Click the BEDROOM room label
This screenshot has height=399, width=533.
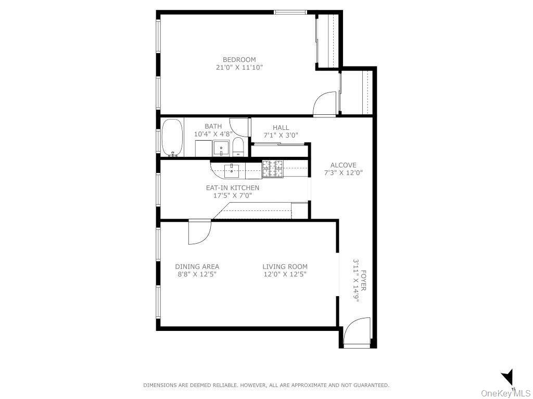(x=239, y=60)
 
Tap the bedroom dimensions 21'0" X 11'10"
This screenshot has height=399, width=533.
(x=239, y=68)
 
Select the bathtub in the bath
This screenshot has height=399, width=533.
(x=172, y=138)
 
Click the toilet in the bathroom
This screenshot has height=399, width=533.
(x=238, y=147)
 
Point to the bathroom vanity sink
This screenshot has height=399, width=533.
(x=222, y=149)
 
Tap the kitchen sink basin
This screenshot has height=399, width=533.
(x=231, y=168)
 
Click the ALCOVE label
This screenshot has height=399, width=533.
(x=343, y=165)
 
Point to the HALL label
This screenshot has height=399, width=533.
(x=281, y=128)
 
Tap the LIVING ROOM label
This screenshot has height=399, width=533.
(x=285, y=267)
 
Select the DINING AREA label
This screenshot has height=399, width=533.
(x=197, y=267)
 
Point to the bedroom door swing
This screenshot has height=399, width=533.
(x=326, y=104)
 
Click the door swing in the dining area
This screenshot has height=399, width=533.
(x=199, y=232)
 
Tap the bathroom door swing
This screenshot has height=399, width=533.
(x=240, y=126)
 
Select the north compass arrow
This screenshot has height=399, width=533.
(x=507, y=377)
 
